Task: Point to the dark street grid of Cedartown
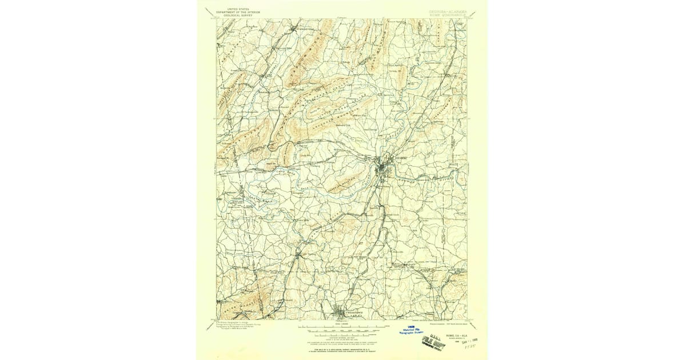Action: point(342,313)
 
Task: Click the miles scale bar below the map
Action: point(342,328)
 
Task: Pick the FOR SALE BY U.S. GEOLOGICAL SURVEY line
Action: point(342,341)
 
